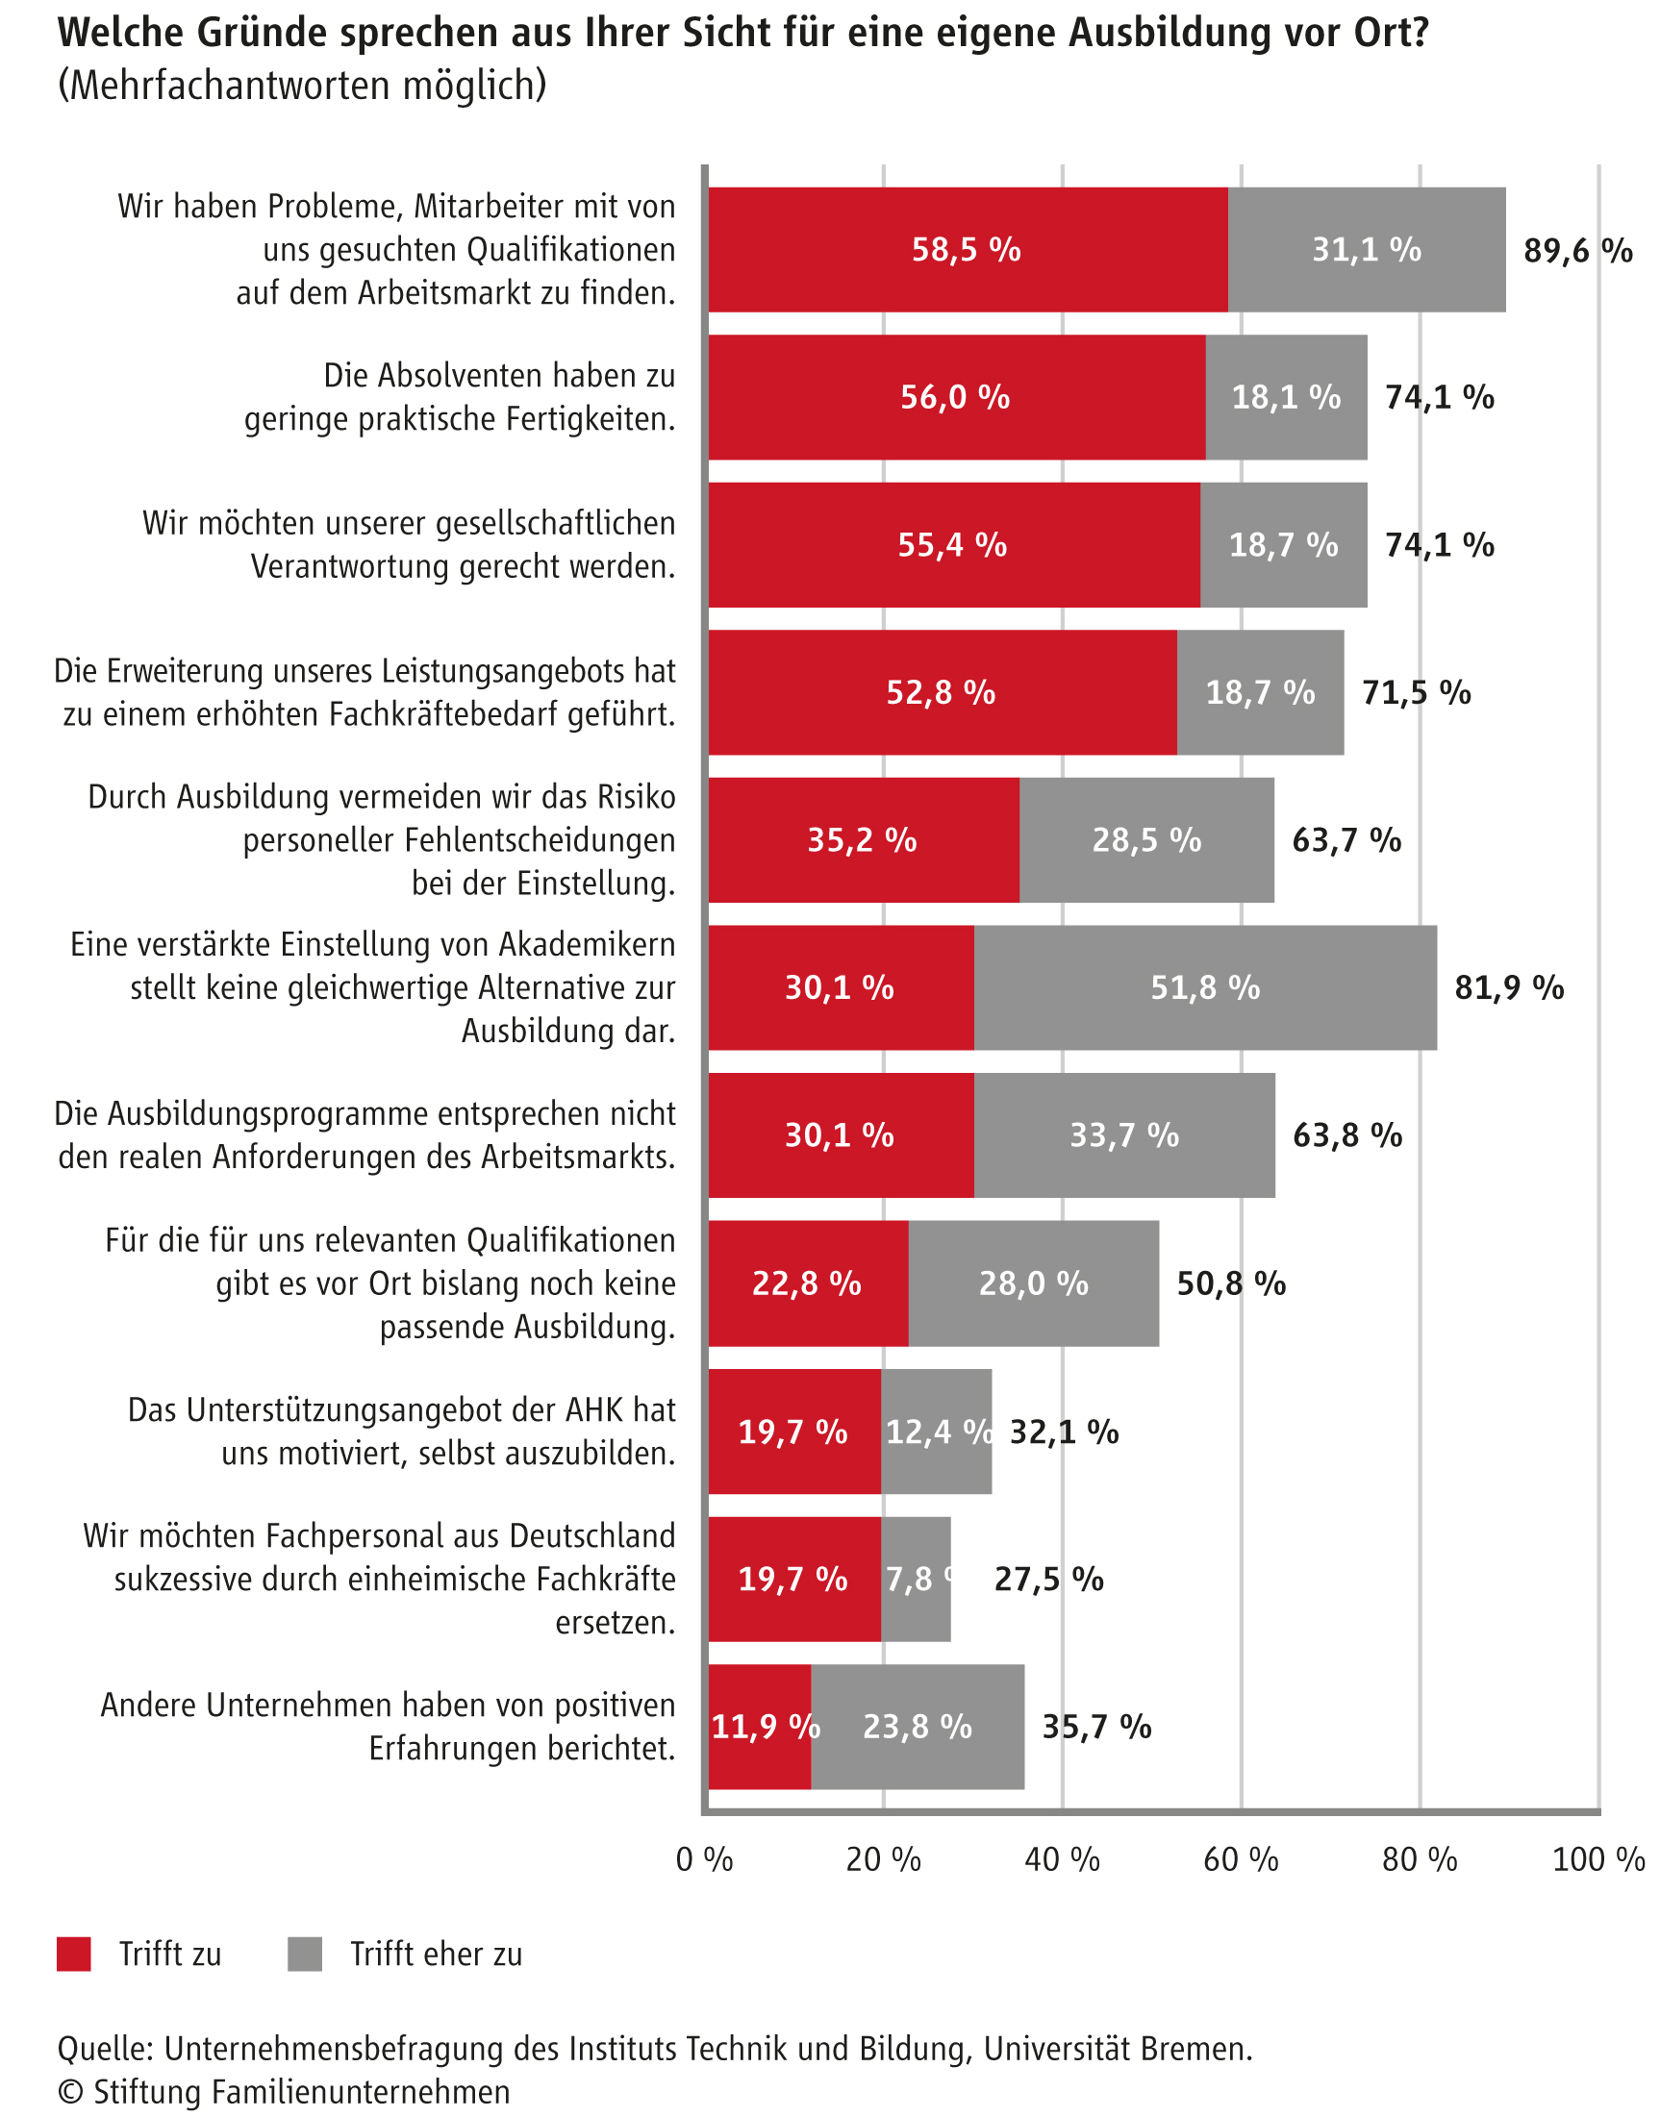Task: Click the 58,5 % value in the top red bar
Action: click(966, 251)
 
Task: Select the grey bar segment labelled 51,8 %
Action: click(1205, 988)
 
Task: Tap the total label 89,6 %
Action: click(1577, 251)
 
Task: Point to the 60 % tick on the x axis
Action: click(1241, 1859)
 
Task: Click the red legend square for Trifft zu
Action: click(74, 1954)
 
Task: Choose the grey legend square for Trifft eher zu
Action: click(305, 1954)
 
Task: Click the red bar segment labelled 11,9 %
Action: click(760, 1727)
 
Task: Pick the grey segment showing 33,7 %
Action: click(1124, 1134)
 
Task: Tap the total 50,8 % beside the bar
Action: click(1231, 1283)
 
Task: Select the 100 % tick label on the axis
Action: click(1597, 1859)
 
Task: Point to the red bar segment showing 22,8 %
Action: click(808, 1283)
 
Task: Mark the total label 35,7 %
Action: click(1096, 1727)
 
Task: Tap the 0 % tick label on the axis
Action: click(705, 1859)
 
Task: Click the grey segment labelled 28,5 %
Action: click(1146, 840)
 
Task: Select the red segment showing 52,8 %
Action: click(941, 693)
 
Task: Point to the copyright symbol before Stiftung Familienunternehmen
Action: click(70, 2092)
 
